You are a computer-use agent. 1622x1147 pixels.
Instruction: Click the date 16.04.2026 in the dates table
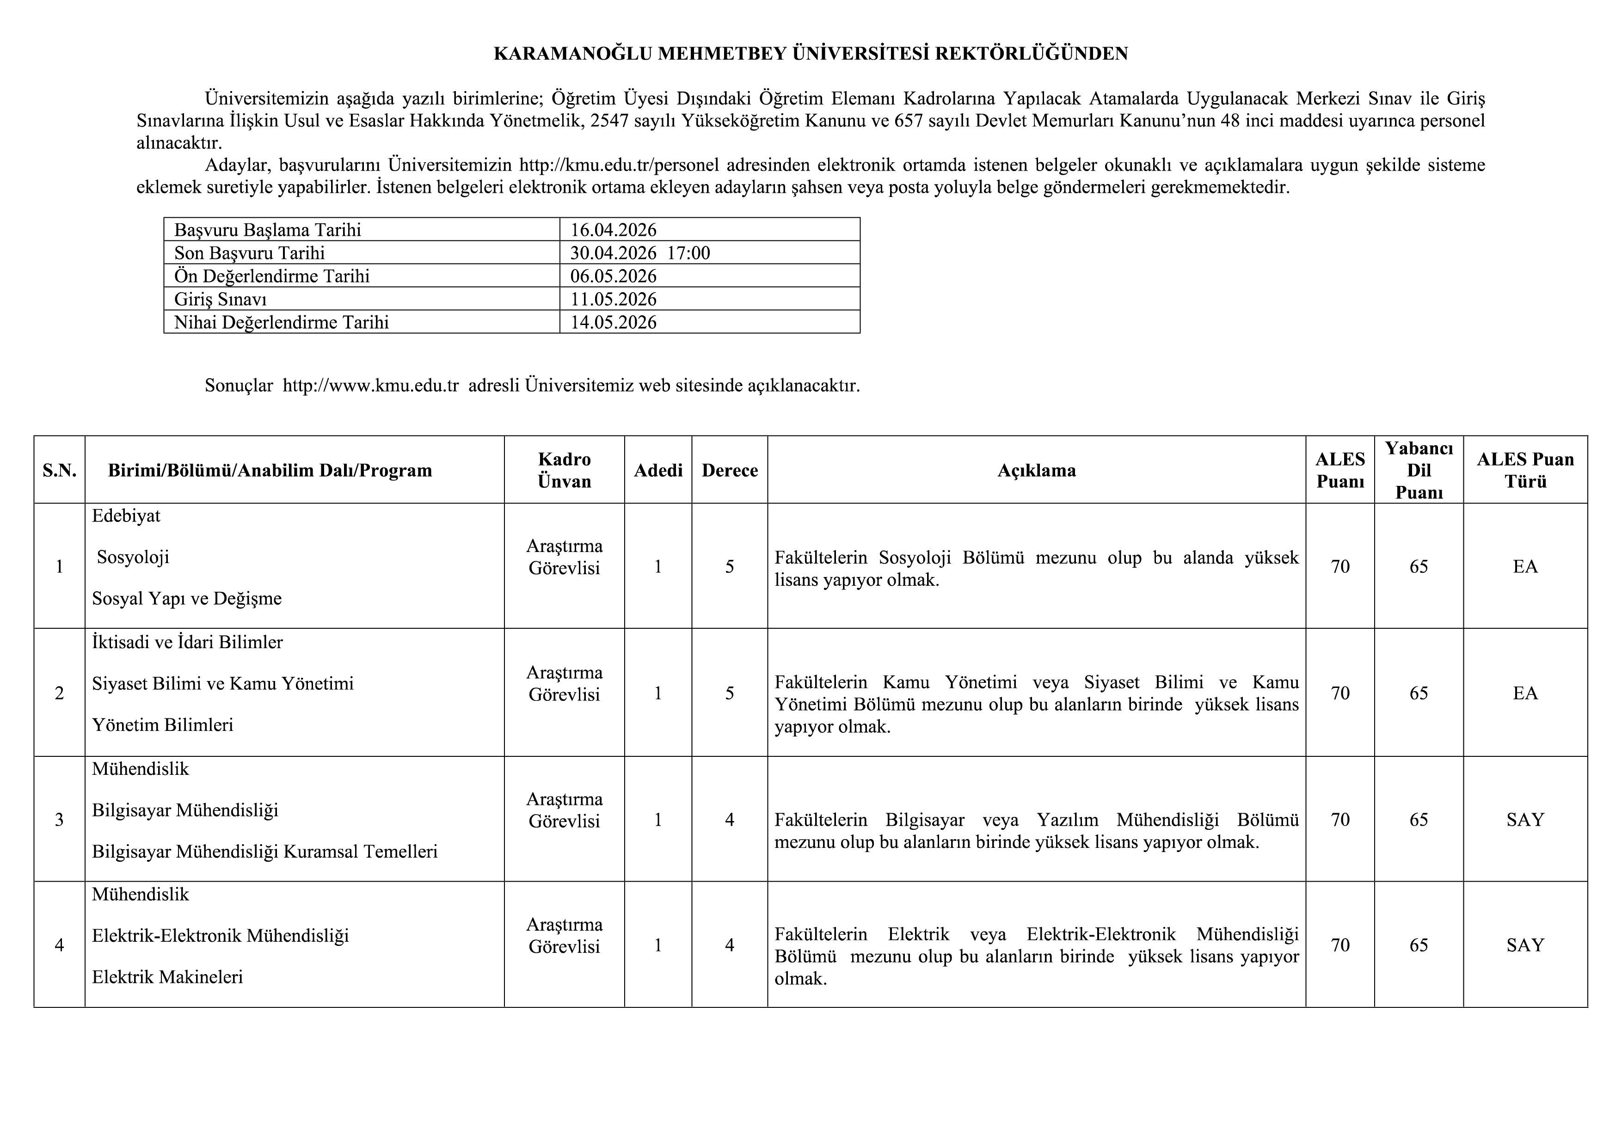(x=613, y=230)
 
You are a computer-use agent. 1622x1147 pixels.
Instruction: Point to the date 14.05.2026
(x=613, y=323)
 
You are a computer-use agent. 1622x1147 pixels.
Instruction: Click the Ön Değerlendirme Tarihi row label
(x=272, y=276)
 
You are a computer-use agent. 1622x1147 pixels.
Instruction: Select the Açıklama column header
(x=1036, y=470)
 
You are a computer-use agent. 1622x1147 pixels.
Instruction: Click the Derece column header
(x=729, y=470)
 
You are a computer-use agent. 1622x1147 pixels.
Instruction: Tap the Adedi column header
(x=657, y=470)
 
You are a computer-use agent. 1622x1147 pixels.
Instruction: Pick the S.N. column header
(x=59, y=470)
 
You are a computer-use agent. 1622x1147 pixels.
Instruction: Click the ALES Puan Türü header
(x=1525, y=470)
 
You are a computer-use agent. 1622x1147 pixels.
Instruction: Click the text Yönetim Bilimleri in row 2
(x=162, y=724)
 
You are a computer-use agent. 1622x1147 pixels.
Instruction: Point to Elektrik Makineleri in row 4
(x=167, y=977)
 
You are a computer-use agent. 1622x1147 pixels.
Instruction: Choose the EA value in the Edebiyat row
(x=1525, y=566)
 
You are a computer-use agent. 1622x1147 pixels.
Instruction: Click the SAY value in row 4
(x=1525, y=945)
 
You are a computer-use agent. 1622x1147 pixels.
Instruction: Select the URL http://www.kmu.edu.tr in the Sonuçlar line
(x=371, y=386)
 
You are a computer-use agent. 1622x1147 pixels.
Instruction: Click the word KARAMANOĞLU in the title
(x=572, y=54)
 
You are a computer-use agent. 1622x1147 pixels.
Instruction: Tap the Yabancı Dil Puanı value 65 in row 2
(x=1419, y=693)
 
